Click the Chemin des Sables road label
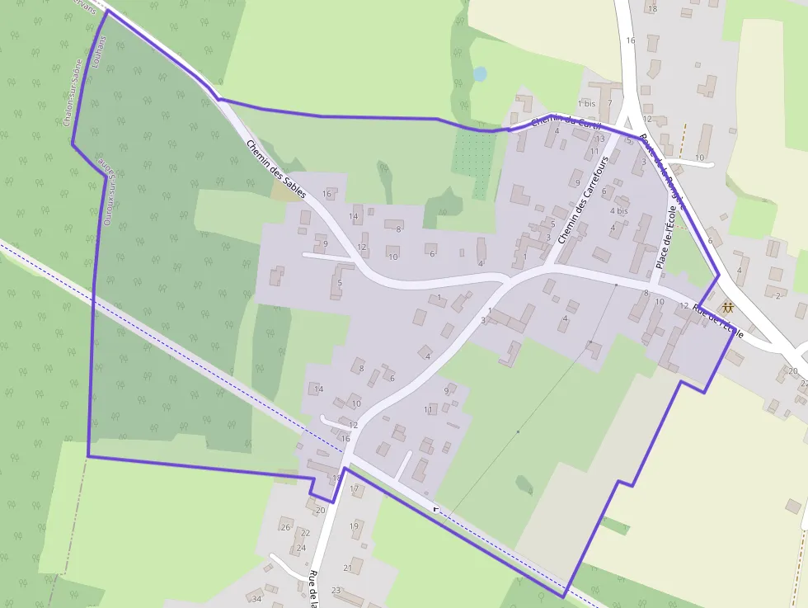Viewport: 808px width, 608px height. [276, 168]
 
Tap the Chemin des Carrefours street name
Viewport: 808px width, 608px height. [587, 200]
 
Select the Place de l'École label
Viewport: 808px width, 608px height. [665, 239]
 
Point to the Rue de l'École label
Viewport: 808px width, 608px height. [718, 321]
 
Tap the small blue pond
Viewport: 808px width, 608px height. [480, 74]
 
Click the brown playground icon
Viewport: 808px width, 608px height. [727, 308]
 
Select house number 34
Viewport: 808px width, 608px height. [257, 599]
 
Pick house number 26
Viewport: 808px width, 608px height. [285, 527]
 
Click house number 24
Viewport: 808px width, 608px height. [301, 548]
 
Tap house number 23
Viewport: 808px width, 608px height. [336, 590]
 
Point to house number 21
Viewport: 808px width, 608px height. [347, 568]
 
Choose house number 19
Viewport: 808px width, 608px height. [354, 526]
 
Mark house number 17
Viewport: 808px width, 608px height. [354, 489]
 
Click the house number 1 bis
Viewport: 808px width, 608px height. [586, 104]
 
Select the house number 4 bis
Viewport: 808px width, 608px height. [618, 210]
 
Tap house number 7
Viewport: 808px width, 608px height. [609, 103]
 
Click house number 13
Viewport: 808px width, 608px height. [600, 139]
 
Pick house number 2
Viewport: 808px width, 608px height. [777, 295]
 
